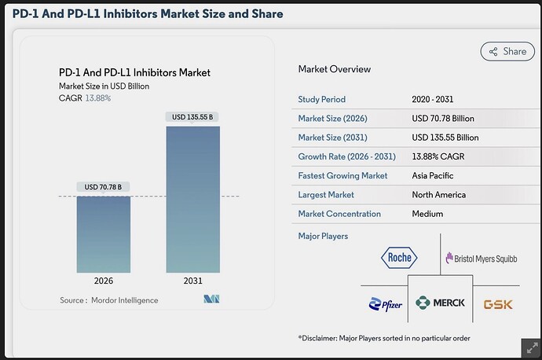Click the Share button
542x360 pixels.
[x=507, y=52]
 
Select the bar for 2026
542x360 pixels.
[x=104, y=234]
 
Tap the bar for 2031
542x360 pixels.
[x=193, y=200]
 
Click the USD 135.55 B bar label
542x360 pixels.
[x=192, y=117]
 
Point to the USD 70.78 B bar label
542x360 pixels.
[x=103, y=187]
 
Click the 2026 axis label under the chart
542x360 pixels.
[x=104, y=281]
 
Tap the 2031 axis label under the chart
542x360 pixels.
[x=193, y=281]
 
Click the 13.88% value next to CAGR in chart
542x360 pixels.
[x=98, y=98]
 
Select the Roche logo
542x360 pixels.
[x=399, y=258]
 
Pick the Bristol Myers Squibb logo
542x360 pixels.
[x=482, y=259]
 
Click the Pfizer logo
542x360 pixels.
[x=386, y=304]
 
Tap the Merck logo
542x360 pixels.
[x=440, y=303]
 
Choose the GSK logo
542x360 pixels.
[x=498, y=305]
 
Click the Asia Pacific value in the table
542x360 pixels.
[x=433, y=176]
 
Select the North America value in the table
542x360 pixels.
[x=438, y=195]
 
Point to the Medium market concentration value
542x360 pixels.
[x=427, y=214]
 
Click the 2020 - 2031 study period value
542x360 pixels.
[x=433, y=99]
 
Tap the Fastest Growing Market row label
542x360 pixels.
[x=342, y=176]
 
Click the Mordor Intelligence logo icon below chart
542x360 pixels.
[x=211, y=299]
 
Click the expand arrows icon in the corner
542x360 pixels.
[x=532, y=348]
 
